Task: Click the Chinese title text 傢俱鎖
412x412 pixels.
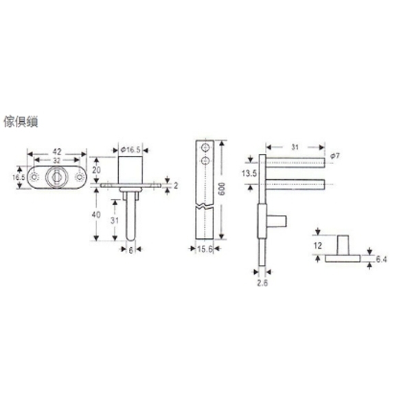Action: click(x=21, y=122)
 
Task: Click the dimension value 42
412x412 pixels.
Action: click(x=57, y=152)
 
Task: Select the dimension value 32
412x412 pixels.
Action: click(x=57, y=160)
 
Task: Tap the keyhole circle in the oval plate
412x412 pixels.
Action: click(x=56, y=177)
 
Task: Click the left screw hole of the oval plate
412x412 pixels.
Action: click(x=34, y=177)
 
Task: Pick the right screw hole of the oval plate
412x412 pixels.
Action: click(x=79, y=177)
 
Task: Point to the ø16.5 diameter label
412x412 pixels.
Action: click(x=130, y=150)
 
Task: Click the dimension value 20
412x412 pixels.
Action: click(x=96, y=170)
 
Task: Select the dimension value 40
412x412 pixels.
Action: click(x=96, y=215)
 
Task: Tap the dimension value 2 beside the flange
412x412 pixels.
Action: click(x=176, y=185)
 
